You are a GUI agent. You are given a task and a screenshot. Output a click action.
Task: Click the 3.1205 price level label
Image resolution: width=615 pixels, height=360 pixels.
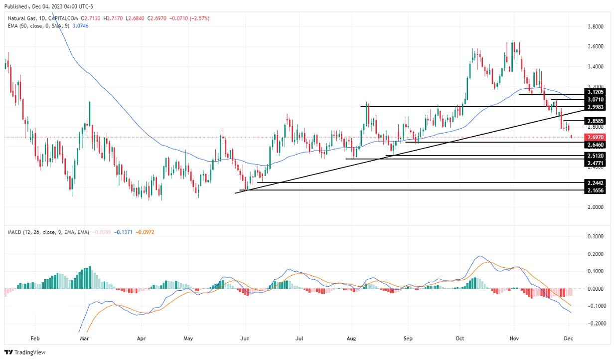pos(595,92)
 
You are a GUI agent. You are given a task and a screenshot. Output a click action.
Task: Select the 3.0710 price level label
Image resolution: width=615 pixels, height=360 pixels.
pos(595,100)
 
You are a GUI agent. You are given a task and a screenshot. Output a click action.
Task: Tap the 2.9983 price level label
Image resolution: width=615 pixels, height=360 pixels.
pos(595,107)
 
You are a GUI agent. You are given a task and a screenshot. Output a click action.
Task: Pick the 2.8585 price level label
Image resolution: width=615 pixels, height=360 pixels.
pos(595,121)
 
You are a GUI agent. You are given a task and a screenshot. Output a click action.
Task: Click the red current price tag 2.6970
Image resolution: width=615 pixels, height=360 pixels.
pos(595,137)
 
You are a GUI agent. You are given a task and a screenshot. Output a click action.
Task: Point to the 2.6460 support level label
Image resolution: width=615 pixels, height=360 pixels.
pos(595,145)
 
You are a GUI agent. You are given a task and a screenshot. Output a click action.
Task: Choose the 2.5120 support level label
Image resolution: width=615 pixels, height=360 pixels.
pos(595,156)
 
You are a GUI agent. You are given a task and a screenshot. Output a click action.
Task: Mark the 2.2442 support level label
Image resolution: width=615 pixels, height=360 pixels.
pos(595,183)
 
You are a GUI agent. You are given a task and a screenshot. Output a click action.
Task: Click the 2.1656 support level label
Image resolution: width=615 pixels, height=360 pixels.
pos(595,190)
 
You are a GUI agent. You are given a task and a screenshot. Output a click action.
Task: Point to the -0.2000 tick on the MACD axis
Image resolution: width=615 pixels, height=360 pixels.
pos(595,323)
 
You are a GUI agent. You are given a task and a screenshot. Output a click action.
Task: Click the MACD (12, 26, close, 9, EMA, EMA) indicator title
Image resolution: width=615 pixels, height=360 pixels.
pos(49,232)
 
